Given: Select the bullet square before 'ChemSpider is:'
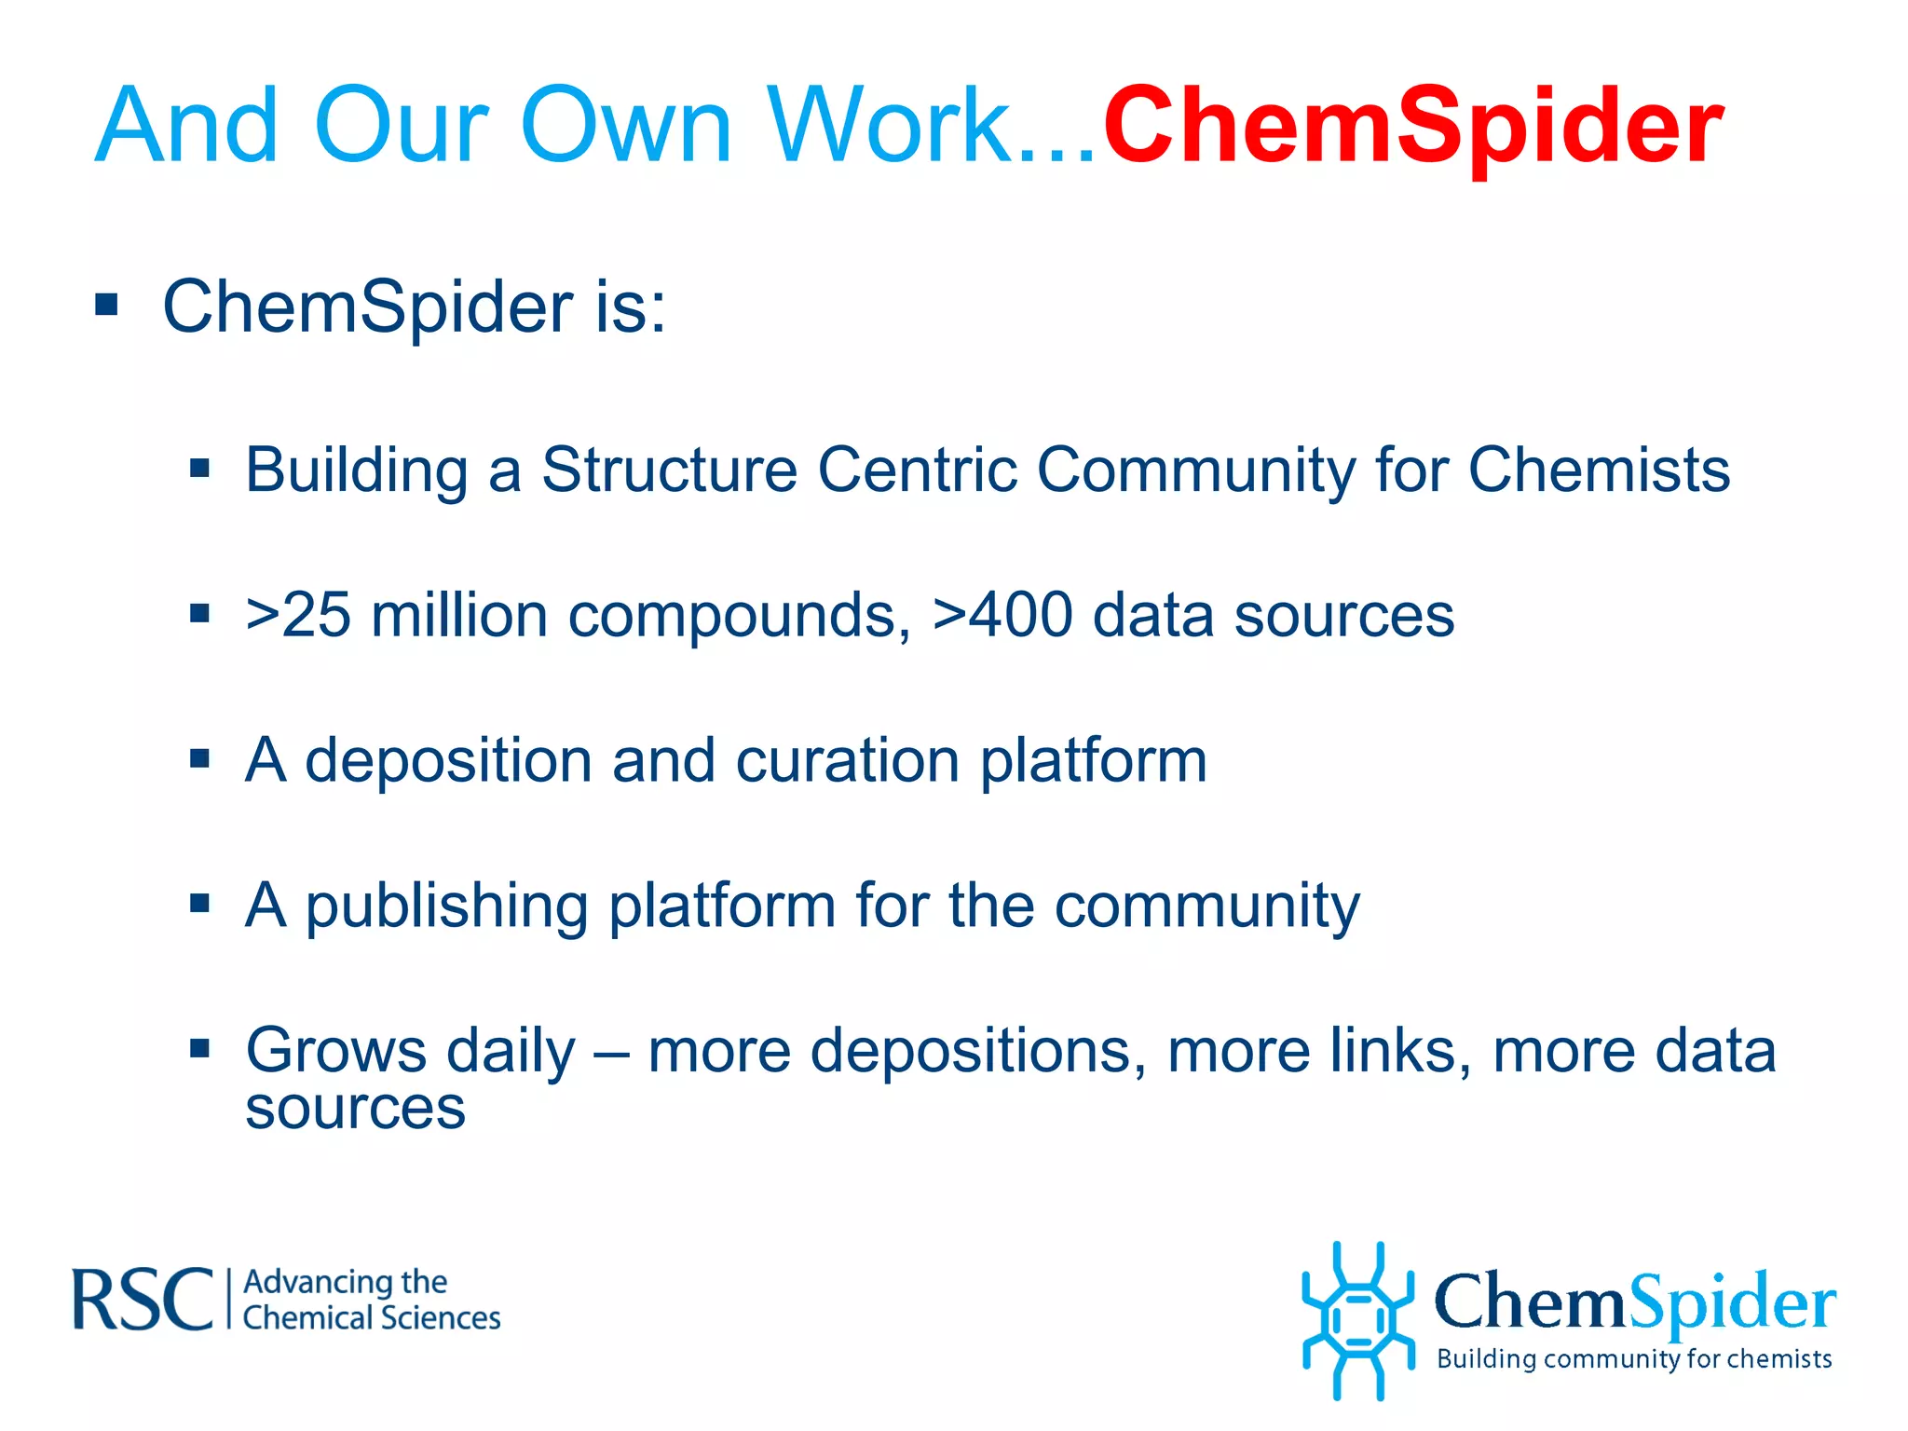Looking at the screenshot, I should [x=106, y=305].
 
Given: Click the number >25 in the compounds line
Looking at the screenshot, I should [x=298, y=615].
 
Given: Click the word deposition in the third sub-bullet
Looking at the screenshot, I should [x=448, y=761].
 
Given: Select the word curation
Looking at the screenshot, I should [x=847, y=761].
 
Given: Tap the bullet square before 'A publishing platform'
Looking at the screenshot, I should [x=199, y=903].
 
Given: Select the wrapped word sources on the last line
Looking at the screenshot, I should [x=355, y=1109].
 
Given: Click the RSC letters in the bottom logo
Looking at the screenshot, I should [x=143, y=1300].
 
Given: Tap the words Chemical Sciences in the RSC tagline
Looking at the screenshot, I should [x=372, y=1318].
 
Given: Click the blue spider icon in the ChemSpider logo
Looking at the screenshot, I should [x=1357, y=1320].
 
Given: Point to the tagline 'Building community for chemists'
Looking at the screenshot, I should [x=1634, y=1359].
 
